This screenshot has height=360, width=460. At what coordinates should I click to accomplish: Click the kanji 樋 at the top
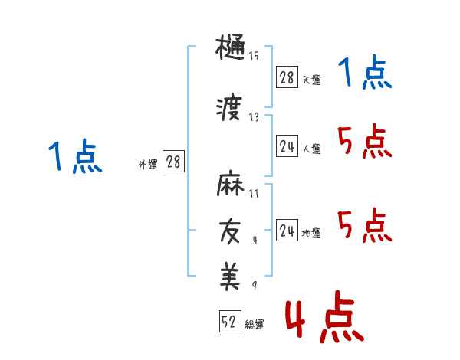point(230,51)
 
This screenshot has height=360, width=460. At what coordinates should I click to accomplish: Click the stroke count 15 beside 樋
point(254,56)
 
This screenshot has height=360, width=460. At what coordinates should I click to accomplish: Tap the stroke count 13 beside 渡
point(254,116)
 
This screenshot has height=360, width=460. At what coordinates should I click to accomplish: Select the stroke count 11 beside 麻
point(254,193)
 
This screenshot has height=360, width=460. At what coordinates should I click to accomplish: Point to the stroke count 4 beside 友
point(255,239)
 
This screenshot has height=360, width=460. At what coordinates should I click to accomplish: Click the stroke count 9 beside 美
point(254,286)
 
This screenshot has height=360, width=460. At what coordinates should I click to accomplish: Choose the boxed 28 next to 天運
point(287,77)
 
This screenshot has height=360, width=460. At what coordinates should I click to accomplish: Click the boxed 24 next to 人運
point(287,147)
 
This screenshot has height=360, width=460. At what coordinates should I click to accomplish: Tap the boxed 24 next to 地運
point(287,231)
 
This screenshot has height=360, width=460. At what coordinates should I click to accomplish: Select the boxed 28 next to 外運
point(173,162)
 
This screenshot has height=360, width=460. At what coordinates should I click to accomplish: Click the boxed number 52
point(228,322)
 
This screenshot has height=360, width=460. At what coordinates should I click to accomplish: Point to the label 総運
point(255,325)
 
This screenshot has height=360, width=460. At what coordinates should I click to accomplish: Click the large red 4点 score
point(324,320)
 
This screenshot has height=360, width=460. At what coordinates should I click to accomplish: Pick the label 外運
point(147,164)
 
